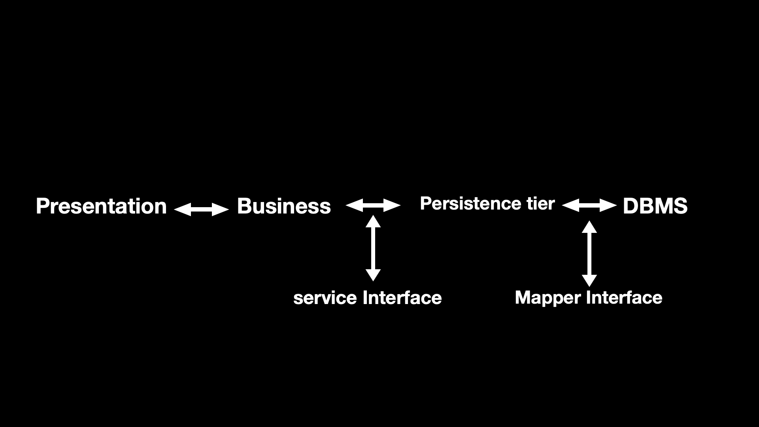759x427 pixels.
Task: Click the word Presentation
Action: point(101,206)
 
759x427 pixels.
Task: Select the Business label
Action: point(284,206)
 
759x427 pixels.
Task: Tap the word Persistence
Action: point(470,204)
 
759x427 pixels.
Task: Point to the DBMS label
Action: point(655,206)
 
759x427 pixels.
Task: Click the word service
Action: point(325,298)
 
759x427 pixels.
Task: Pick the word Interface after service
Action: point(402,298)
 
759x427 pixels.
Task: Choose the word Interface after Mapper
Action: point(624,298)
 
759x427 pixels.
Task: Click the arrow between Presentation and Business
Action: point(201,209)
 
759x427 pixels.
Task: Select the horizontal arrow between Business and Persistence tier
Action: point(373,205)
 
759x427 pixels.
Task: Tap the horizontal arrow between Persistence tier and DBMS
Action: point(589,205)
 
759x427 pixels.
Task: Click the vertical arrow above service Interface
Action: point(373,248)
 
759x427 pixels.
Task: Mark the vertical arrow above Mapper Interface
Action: point(589,253)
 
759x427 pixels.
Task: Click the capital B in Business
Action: point(244,206)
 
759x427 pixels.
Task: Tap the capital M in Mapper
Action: point(523,298)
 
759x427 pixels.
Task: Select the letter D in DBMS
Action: point(630,206)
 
